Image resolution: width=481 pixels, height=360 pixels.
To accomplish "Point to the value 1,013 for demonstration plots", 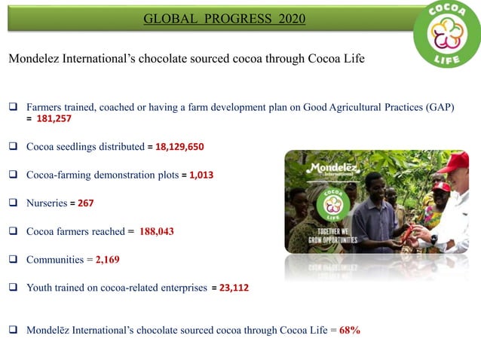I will [x=201, y=175].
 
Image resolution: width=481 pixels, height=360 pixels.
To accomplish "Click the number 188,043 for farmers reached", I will [x=157, y=231].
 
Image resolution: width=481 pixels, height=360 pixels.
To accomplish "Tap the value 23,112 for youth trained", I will [x=234, y=288].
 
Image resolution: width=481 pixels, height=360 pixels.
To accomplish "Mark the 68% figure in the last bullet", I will [x=350, y=330].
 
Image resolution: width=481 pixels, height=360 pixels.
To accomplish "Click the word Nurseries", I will [x=47, y=203].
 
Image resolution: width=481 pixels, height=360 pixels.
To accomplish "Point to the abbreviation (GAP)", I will [x=439, y=107].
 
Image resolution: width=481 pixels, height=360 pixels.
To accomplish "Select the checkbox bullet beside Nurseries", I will [x=14, y=203].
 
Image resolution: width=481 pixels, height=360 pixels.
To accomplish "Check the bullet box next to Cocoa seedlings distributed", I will [x=14, y=146].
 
